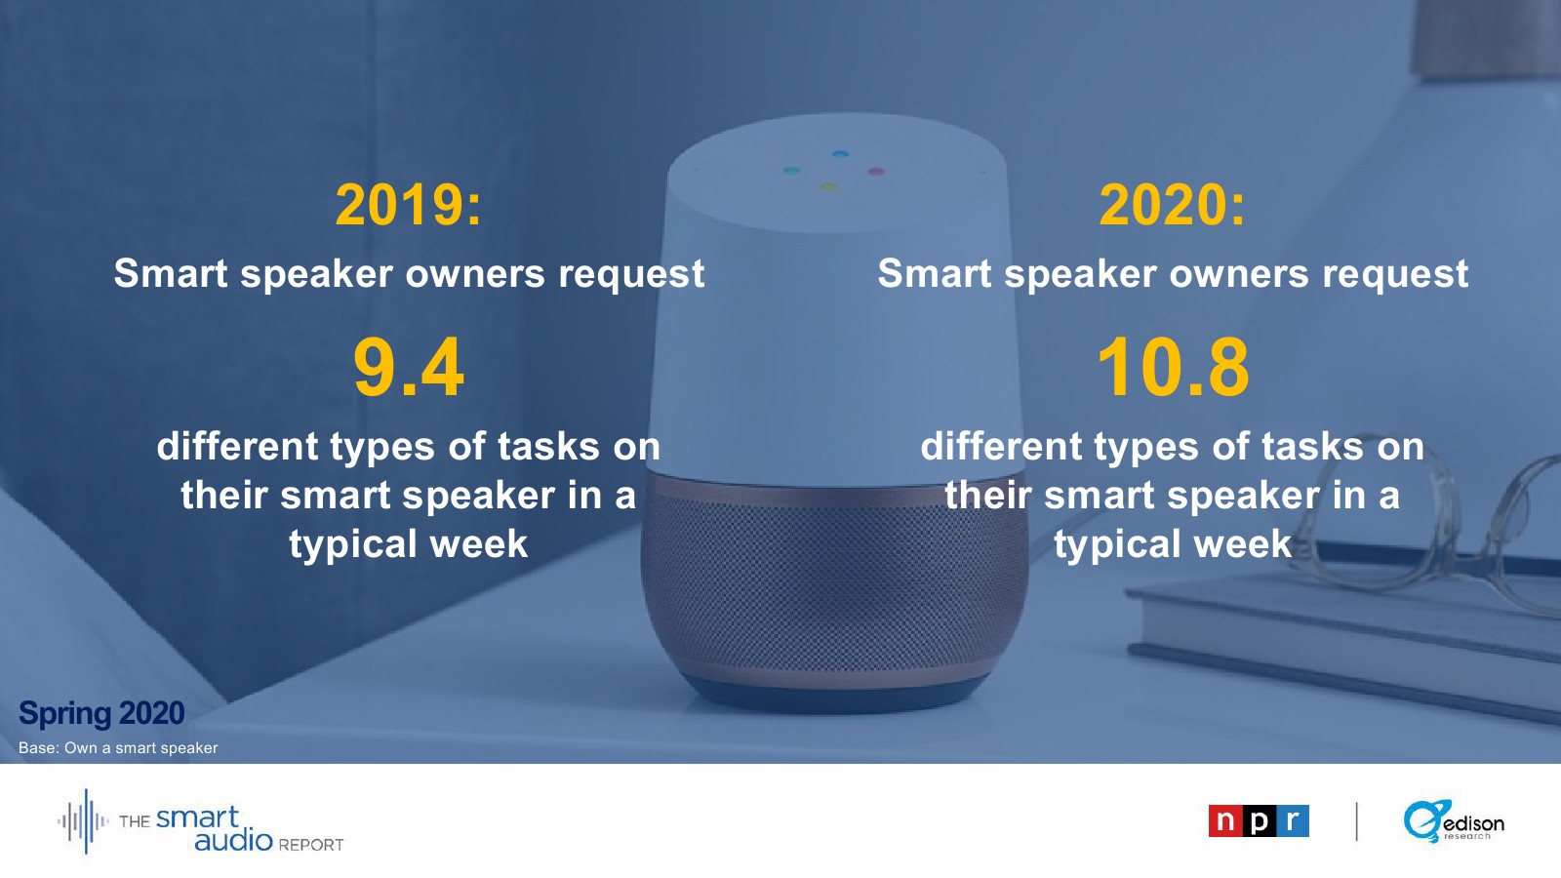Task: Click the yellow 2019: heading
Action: [x=409, y=205]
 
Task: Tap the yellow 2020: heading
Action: [x=1172, y=205]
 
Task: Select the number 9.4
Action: [x=409, y=367]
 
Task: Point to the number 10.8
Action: [x=1173, y=367]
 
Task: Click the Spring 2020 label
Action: [x=101, y=713]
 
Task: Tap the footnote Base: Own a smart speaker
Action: [x=118, y=747]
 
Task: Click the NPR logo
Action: [x=1259, y=820]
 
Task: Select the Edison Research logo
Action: [x=1454, y=821]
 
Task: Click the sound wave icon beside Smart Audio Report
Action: [x=84, y=821]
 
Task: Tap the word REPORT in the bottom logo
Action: [x=311, y=845]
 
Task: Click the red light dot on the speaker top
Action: [x=876, y=171]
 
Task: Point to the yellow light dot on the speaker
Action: [x=828, y=186]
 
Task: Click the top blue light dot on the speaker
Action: [x=840, y=154]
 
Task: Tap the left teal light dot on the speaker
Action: [x=791, y=170]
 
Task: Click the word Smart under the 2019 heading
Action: [x=171, y=272]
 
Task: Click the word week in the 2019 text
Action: [x=479, y=543]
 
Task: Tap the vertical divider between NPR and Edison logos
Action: [x=1356, y=821]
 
